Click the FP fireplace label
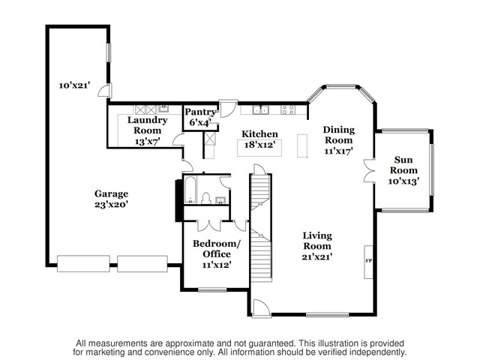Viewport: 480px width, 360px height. click(x=368, y=261)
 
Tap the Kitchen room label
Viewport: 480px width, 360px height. click(x=260, y=134)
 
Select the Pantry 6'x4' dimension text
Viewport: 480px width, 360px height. click(x=200, y=123)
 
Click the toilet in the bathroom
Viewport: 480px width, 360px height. click(x=206, y=198)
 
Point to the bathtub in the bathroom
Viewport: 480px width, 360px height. click(x=190, y=190)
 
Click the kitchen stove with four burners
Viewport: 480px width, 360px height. click(x=288, y=109)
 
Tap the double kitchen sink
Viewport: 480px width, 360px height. click(x=260, y=109)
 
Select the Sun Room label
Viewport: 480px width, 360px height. click(x=403, y=165)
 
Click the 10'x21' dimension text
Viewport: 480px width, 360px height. click(x=74, y=85)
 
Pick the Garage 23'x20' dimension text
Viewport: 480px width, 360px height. click(x=111, y=205)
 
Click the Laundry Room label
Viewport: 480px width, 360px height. click(x=147, y=125)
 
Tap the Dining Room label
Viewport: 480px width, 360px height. click(x=339, y=135)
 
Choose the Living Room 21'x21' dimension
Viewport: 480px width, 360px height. click(x=317, y=256)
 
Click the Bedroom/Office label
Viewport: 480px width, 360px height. click(x=217, y=249)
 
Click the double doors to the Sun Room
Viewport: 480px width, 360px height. click(x=369, y=171)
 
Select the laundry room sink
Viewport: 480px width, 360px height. click(x=163, y=109)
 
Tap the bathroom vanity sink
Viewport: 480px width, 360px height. click(x=220, y=200)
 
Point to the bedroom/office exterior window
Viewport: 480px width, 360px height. click(x=212, y=289)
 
